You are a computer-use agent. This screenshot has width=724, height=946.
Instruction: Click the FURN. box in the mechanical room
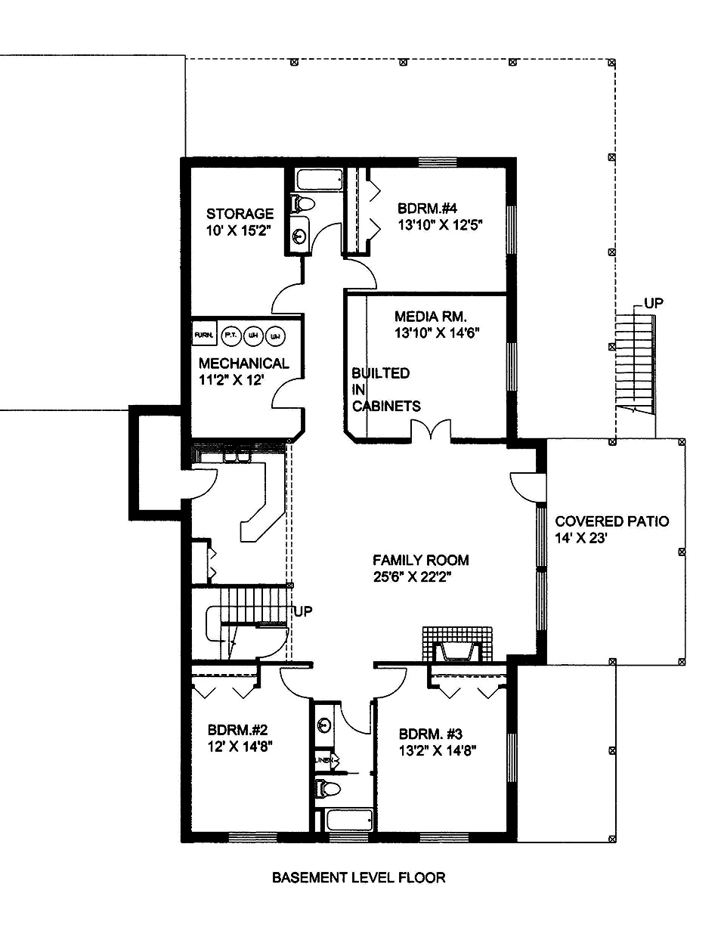click(203, 334)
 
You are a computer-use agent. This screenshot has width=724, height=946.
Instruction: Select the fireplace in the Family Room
click(456, 647)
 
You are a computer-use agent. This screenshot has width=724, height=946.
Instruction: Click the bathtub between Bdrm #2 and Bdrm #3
click(347, 820)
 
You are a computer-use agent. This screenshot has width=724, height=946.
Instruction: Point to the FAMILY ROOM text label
click(420, 560)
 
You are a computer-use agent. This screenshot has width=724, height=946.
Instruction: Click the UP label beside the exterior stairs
click(654, 303)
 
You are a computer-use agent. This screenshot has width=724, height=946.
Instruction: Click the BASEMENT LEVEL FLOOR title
click(358, 877)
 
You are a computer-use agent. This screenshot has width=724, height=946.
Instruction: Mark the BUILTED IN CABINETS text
click(385, 389)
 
